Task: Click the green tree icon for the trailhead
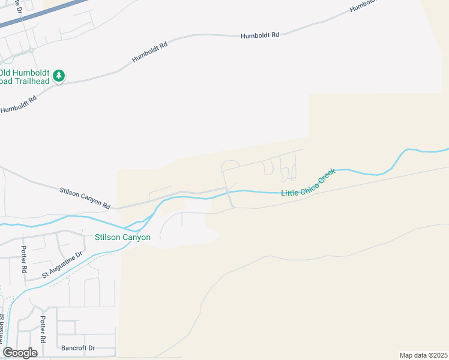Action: point(58,76)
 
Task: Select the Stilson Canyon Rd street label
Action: point(85,199)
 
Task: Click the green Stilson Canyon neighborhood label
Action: point(122,238)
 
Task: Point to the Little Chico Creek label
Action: point(308,182)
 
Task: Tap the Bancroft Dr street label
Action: point(78,348)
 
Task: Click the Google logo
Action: point(20,353)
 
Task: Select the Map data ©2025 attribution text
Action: point(423,355)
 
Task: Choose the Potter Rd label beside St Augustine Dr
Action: point(24,259)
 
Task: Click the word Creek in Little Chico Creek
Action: point(326,175)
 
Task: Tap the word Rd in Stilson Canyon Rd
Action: point(106,205)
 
